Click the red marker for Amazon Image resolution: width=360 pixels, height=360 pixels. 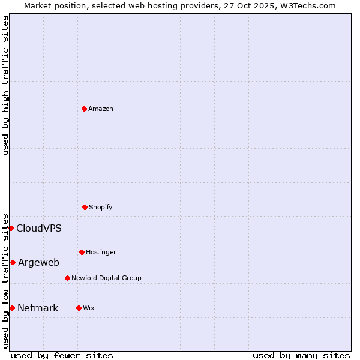tap(84, 109)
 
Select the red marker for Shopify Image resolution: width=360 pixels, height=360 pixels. tap(85, 207)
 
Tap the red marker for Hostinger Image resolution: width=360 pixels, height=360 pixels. tap(82, 252)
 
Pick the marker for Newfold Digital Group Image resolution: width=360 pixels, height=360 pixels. tap(67, 278)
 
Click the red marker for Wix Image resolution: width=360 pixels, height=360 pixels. tap(79, 308)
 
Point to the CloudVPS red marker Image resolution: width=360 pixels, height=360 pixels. tap(11, 228)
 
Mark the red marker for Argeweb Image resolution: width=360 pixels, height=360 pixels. tap(13, 262)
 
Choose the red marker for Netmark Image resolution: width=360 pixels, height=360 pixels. tap(12, 308)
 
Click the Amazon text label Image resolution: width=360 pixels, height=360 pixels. tap(101, 109)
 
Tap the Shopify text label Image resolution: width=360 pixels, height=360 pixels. tap(101, 207)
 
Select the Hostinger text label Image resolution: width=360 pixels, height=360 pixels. tap(101, 252)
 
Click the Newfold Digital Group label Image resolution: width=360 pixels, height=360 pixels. tap(106, 278)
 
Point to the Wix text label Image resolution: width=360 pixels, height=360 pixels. tap(89, 308)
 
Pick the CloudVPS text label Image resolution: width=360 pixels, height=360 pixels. tap(39, 228)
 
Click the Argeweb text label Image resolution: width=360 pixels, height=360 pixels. tap(38, 262)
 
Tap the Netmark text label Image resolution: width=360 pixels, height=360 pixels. tap(38, 308)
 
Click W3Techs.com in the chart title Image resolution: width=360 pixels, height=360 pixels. tap(307, 5)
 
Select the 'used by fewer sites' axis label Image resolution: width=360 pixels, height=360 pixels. tap(62, 355)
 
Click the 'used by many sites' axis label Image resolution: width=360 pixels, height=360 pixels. tap(301, 355)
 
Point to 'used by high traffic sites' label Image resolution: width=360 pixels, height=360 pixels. tap(5, 85)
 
